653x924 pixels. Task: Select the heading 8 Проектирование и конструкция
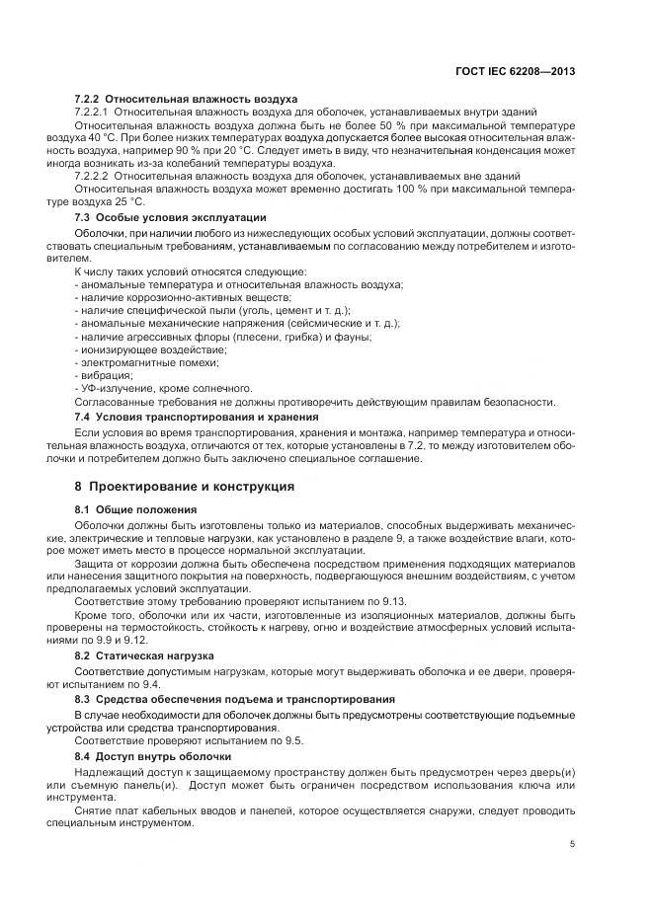(x=184, y=488)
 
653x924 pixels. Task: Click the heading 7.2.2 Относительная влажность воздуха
(x=187, y=100)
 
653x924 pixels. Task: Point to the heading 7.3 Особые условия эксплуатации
(x=170, y=216)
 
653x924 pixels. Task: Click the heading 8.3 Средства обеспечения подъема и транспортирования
(x=222, y=698)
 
